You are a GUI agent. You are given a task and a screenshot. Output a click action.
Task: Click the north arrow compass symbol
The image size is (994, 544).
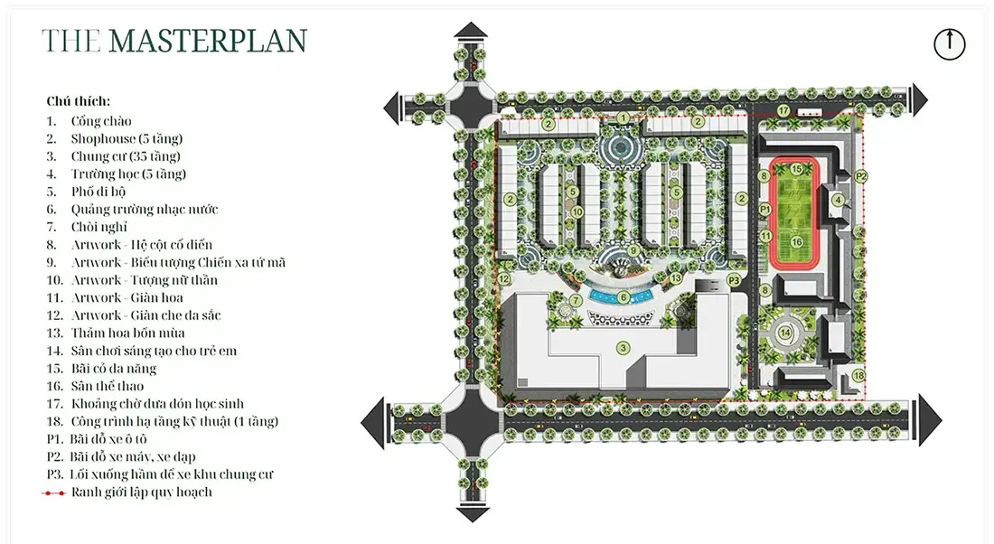coord(949,44)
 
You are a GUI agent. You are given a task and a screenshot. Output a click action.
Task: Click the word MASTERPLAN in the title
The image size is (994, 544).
coord(208,42)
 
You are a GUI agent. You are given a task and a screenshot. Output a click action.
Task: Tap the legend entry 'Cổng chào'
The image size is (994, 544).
coord(101,121)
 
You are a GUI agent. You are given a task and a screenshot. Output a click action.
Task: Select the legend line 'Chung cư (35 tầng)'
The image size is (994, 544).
coord(126,156)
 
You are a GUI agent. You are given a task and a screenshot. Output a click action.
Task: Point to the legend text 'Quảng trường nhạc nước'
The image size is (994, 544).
coord(144,210)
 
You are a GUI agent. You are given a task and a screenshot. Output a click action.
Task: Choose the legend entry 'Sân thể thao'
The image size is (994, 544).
coord(108,386)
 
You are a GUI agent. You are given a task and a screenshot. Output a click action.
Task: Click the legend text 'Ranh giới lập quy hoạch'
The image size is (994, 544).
coord(141,492)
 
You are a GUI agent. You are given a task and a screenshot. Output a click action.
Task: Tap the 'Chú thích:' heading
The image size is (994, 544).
coord(78,101)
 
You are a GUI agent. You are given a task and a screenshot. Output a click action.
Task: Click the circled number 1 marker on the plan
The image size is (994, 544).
coord(624,118)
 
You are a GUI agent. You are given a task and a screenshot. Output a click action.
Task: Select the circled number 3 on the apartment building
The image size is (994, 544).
coord(624,347)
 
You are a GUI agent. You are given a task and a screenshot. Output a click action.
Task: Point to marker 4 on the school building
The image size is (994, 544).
coord(838,201)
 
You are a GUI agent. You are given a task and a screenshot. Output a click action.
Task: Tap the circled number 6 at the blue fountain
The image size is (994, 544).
coord(624,297)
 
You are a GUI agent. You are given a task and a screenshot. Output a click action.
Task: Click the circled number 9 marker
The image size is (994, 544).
coord(633,251)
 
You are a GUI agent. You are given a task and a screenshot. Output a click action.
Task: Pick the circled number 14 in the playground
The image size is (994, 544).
coord(785,333)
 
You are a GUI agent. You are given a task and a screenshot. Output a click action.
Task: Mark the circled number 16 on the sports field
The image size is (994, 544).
coord(797,241)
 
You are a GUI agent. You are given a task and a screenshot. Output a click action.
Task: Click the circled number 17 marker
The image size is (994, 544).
coord(784,111)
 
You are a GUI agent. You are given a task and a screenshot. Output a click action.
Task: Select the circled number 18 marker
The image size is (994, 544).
coord(858,376)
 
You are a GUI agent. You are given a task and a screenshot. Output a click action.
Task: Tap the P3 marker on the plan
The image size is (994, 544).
coord(734,280)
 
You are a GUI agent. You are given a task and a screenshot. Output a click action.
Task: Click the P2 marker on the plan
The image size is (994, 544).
coord(860,177)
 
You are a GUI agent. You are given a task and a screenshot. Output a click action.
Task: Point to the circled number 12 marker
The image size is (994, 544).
coord(504,279)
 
